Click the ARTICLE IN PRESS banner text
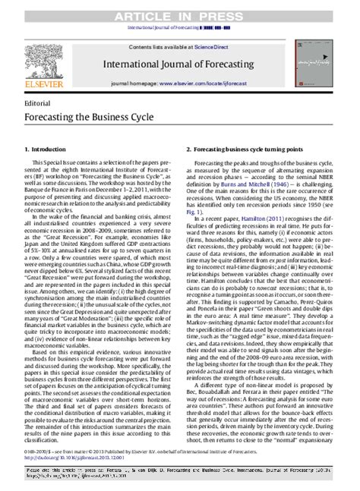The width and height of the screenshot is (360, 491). coord(181,7)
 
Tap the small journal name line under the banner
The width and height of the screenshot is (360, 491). coord(181,17)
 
